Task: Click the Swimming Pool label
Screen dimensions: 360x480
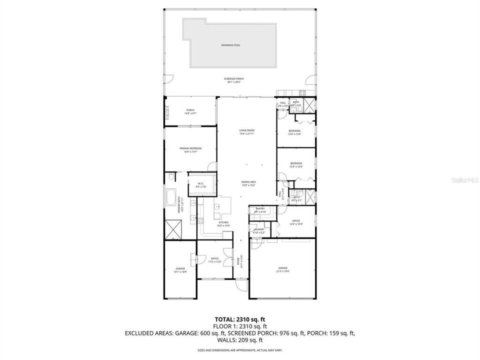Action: coord(230,45)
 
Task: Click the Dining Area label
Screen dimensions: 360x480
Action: coord(248,183)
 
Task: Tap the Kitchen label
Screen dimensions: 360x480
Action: coord(223,223)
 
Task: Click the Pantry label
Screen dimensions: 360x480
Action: coord(259,210)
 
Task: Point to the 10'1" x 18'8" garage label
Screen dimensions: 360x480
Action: coord(180,270)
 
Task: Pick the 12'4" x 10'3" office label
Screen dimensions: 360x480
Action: coord(296,222)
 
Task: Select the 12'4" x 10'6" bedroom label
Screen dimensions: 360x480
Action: coord(296,164)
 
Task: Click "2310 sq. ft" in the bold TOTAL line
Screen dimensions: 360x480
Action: coord(251,319)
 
